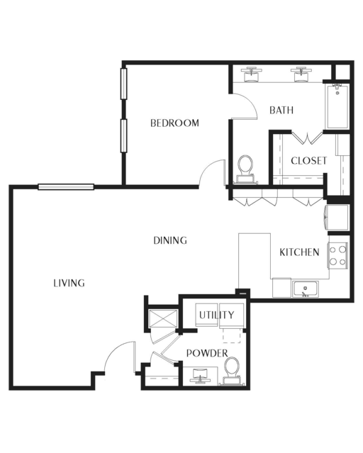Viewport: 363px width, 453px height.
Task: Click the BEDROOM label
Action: pos(174,123)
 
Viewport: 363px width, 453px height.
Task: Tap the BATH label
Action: pos(281,110)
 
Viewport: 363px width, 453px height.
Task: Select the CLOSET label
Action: pos(308,161)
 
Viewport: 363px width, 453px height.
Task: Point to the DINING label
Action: pos(170,240)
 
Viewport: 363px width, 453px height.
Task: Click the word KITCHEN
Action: pos(299,252)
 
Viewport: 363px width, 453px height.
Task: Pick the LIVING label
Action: pos(69,283)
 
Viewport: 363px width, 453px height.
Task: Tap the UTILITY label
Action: pos(217,315)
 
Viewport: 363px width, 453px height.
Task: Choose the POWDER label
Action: pos(207,353)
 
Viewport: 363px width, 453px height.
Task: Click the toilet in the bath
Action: pos(245,169)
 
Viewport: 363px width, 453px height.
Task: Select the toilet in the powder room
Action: pos(232,371)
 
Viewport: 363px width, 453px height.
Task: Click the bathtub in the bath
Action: pos(337,106)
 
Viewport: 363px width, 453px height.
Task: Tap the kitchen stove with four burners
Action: pos(338,255)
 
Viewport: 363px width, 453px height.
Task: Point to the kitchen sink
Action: pos(305,289)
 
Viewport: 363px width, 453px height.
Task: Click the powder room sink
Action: pos(199,375)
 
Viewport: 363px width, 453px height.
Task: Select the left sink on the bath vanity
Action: pos(252,74)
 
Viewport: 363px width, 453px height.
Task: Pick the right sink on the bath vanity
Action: pos(301,74)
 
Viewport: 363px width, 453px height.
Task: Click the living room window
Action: pos(66,187)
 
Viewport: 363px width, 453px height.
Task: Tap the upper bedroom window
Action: pos(123,84)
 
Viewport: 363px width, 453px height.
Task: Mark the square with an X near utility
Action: pos(163,318)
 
